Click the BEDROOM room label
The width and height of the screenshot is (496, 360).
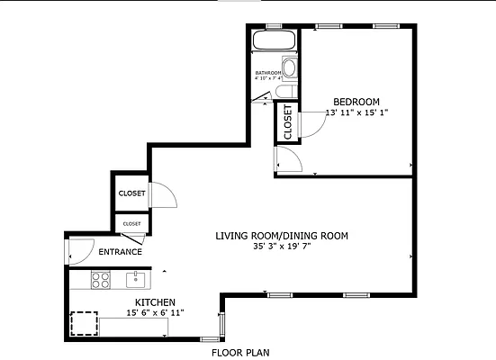coord(356,101)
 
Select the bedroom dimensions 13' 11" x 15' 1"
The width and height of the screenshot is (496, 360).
coord(356,112)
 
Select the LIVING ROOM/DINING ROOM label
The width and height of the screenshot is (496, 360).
coord(281,236)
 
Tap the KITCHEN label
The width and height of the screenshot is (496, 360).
coord(155,302)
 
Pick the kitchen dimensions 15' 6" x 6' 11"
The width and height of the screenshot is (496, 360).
coord(155,313)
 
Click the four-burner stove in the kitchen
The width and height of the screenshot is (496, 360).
coord(100,281)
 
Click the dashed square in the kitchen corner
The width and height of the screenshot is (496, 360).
coord(84,322)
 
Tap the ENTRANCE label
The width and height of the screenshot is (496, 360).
coord(120,252)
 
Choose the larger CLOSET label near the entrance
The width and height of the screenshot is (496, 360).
coord(131,193)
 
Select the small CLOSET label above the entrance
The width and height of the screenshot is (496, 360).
coord(131,223)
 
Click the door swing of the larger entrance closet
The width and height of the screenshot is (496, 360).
coord(162,194)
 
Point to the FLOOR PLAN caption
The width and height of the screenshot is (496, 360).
coord(239,353)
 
